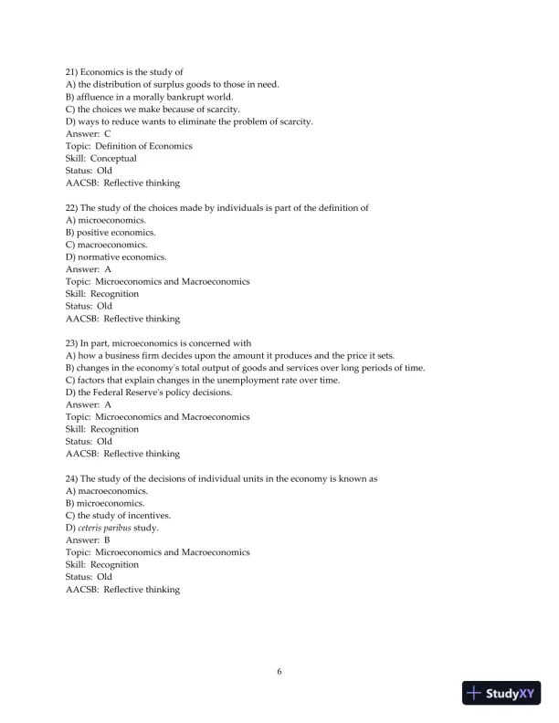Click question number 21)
(x=73, y=72)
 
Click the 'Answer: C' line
(x=89, y=134)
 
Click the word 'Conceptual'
(x=114, y=159)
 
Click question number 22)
(x=73, y=208)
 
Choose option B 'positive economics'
(x=111, y=233)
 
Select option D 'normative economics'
(x=113, y=257)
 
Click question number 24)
(x=73, y=478)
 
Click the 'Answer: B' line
(x=89, y=540)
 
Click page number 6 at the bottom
(x=279, y=672)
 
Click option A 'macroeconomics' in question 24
(x=108, y=490)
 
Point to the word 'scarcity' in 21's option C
(x=220, y=110)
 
